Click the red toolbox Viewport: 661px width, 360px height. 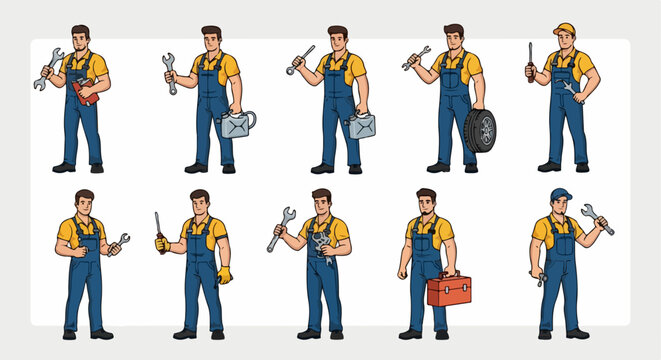click(449, 292)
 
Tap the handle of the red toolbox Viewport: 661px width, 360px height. click(449, 275)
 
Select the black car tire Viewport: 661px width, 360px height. click(479, 131)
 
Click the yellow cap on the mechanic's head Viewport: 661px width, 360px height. click(564, 29)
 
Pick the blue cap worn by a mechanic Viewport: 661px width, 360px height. click(560, 194)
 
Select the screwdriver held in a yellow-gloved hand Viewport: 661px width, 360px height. click(158, 228)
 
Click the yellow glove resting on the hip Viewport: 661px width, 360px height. click(224, 274)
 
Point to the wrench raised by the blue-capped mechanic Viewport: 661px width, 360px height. click(597, 219)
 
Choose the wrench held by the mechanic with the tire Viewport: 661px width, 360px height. click(416, 58)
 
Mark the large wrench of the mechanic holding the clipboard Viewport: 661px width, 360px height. click(46, 70)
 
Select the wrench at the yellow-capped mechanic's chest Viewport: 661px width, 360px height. click(569, 91)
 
